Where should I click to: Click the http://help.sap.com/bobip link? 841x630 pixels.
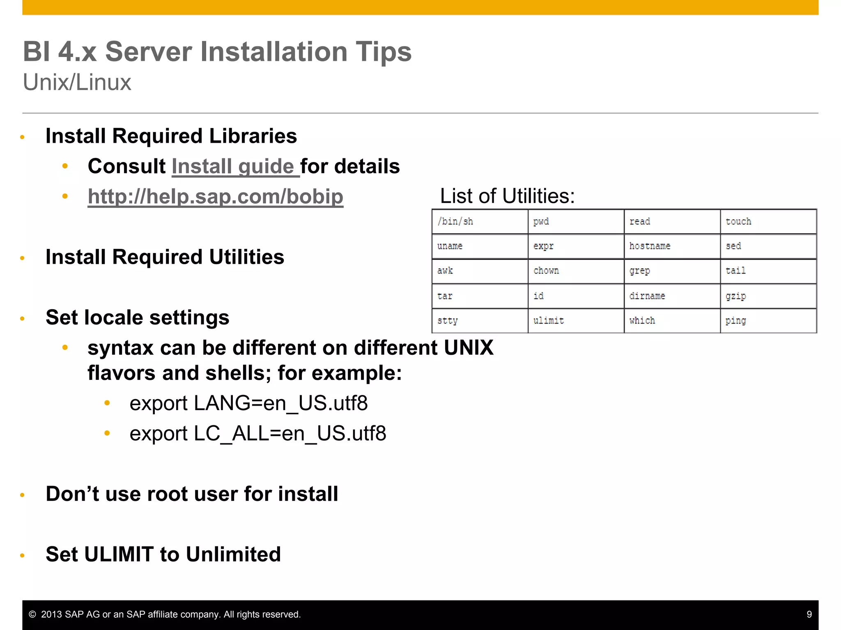(215, 196)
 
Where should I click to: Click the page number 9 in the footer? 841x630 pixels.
(809, 614)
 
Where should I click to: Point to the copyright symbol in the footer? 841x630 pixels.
(32, 614)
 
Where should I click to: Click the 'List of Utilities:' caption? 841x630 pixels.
(507, 196)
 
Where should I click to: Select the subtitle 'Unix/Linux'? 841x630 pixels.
(77, 82)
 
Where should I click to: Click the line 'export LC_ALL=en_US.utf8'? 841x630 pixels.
(257, 434)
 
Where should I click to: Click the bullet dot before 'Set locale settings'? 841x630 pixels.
(23, 319)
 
